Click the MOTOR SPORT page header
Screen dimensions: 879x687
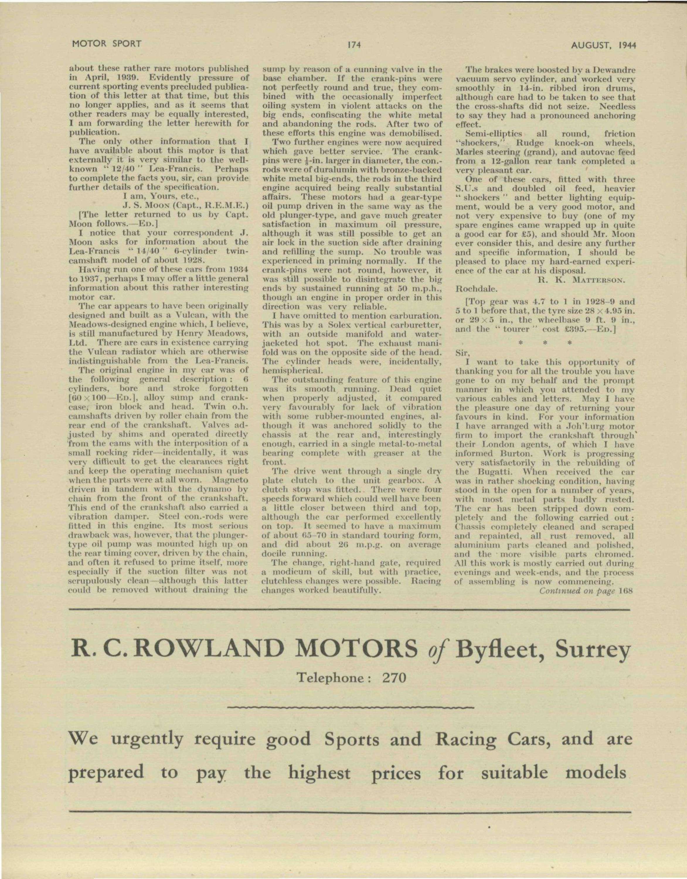click(107, 44)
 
